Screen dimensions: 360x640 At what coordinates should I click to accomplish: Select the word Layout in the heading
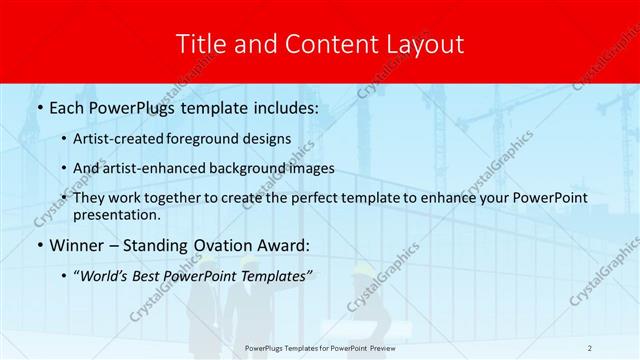pyautogui.click(x=429, y=44)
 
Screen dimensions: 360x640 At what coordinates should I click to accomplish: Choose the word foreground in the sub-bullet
pyautogui.click(x=212, y=139)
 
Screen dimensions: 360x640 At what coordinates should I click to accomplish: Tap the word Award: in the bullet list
pyautogui.click(x=279, y=246)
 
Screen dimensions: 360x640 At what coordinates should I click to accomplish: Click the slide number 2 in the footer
pyautogui.click(x=590, y=347)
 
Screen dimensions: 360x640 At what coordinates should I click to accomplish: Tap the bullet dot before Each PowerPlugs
pyautogui.click(x=38, y=106)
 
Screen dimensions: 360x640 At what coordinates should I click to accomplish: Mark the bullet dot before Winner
pyautogui.click(x=38, y=246)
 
